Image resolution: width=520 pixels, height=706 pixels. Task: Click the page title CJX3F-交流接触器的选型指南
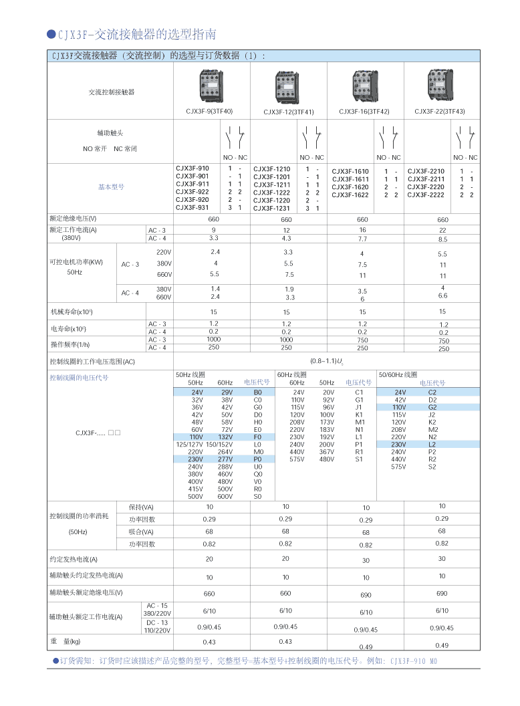136,34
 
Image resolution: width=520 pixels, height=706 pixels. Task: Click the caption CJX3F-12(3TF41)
288,112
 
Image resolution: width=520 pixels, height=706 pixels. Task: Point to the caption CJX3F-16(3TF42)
364,112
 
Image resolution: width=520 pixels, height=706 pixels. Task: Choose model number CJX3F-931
192,207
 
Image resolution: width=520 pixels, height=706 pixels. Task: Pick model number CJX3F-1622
350,195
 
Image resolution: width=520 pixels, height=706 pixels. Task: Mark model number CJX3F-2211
426,179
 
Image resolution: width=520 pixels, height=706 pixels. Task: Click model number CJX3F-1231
271,208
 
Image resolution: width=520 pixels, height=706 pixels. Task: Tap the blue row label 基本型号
111,187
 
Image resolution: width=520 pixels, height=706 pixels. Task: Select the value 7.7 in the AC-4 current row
362,239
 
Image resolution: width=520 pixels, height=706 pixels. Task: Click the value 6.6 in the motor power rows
442,296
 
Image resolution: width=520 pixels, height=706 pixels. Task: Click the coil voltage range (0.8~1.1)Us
327,361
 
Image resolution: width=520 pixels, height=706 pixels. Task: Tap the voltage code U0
257,467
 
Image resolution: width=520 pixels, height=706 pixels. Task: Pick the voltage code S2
432,467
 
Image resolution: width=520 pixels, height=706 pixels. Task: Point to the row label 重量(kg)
66,642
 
